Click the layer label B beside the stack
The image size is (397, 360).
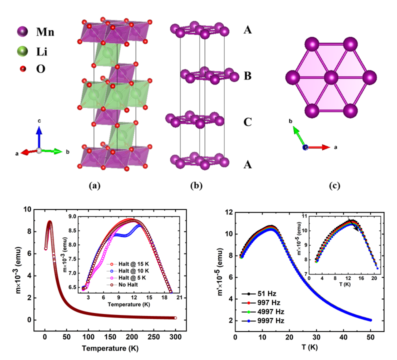(x=247, y=76)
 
